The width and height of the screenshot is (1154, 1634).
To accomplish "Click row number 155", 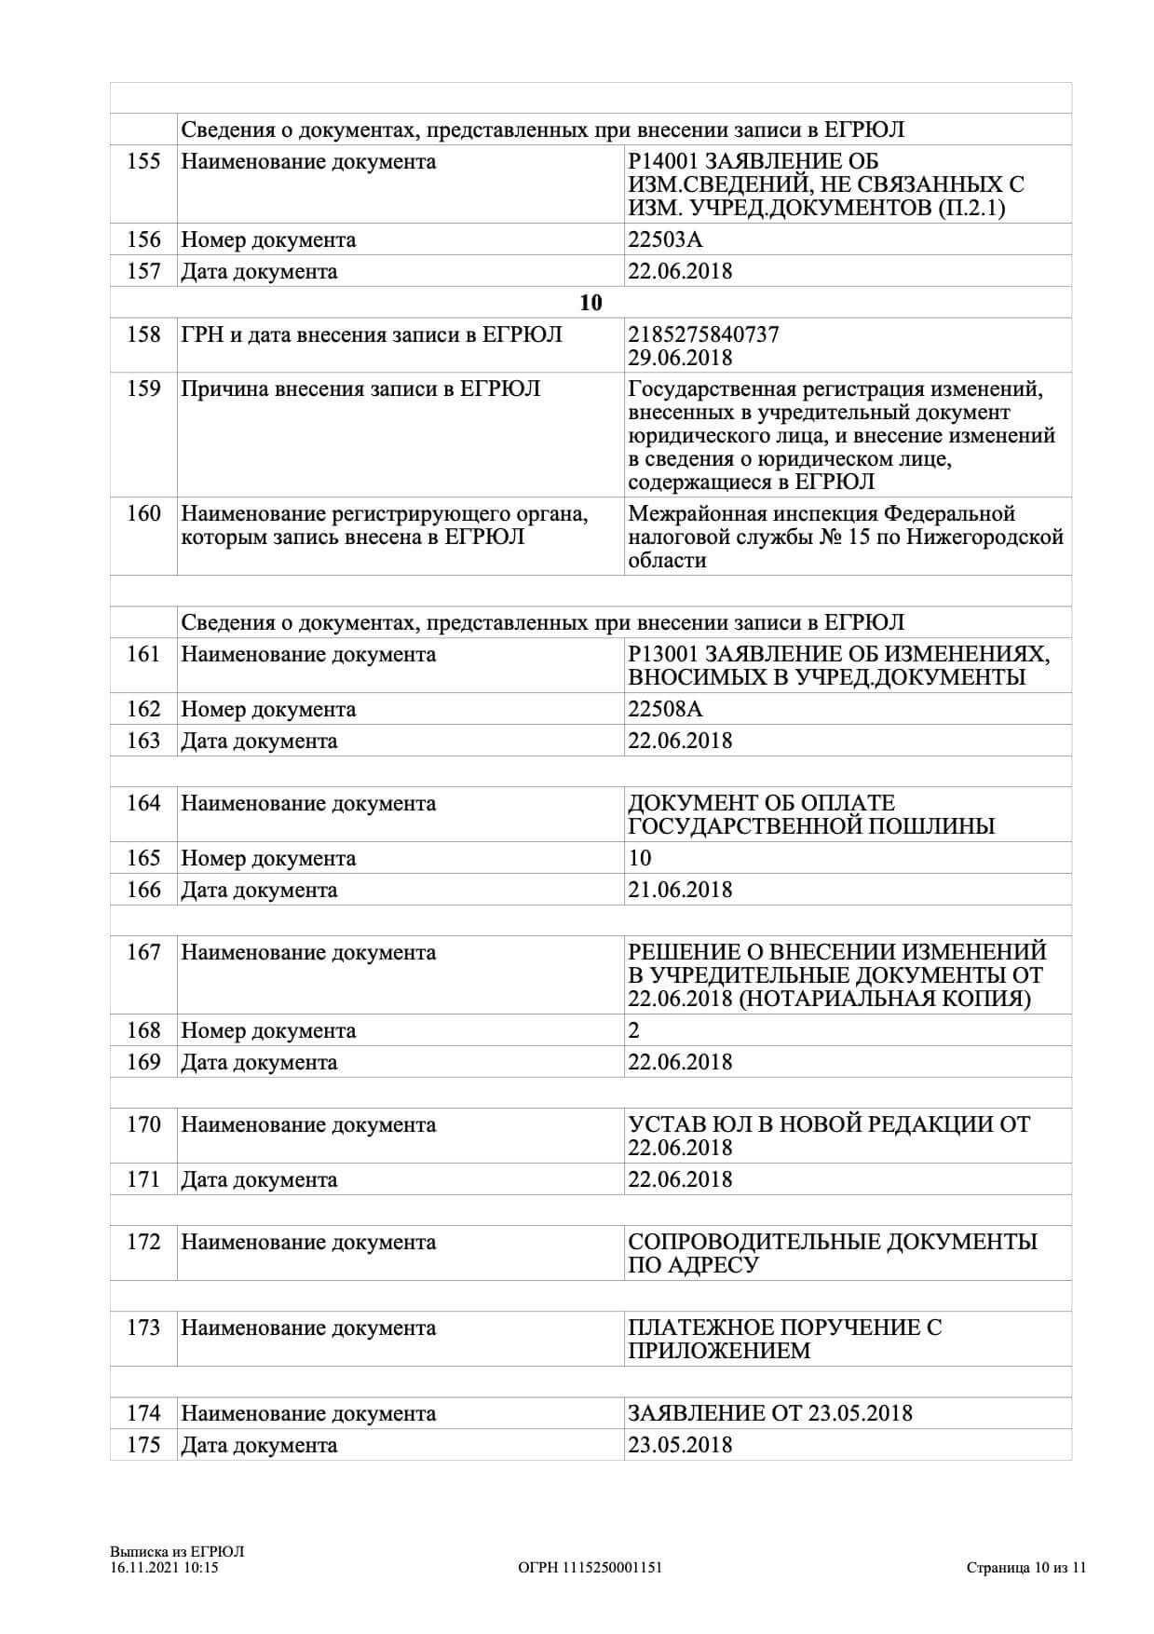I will tap(143, 162).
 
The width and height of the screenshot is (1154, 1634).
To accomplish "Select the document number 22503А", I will tap(665, 240).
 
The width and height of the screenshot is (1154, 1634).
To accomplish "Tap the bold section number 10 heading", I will tap(591, 303).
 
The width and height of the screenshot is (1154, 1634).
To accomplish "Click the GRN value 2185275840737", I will tap(703, 334).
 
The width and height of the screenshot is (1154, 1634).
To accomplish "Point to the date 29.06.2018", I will tap(680, 358).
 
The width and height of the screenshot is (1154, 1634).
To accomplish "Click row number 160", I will tap(143, 514).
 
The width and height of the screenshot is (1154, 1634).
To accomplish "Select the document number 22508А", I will tap(665, 710).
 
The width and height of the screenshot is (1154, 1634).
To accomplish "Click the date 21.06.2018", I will tap(680, 891).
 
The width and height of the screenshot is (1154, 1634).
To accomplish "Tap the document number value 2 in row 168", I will tap(634, 1031).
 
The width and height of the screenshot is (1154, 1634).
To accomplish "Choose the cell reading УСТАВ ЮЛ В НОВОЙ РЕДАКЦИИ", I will tap(829, 1136).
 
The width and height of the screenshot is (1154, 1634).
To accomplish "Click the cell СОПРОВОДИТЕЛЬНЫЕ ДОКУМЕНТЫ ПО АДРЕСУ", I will tap(832, 1253).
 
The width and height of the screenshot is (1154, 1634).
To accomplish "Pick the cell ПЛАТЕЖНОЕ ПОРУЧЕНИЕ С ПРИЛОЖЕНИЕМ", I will tap(784, 1339).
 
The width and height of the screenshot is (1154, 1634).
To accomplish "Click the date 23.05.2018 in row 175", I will tap(680, 1446).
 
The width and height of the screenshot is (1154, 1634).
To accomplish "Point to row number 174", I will tap(143, 1414).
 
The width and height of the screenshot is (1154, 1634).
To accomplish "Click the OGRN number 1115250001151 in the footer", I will tap(590, 1568).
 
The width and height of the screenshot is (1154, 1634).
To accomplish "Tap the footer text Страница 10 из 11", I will tap(1025, 1568).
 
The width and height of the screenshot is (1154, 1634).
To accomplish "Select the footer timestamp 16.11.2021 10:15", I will tap(164, 1568).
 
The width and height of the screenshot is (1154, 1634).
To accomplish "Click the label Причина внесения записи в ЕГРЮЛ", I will tap(360, 389).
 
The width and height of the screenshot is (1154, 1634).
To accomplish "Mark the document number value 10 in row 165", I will tap(640, 859).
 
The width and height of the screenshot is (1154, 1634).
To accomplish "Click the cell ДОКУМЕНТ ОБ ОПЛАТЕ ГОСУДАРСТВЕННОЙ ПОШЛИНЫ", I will tap(810, 815).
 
